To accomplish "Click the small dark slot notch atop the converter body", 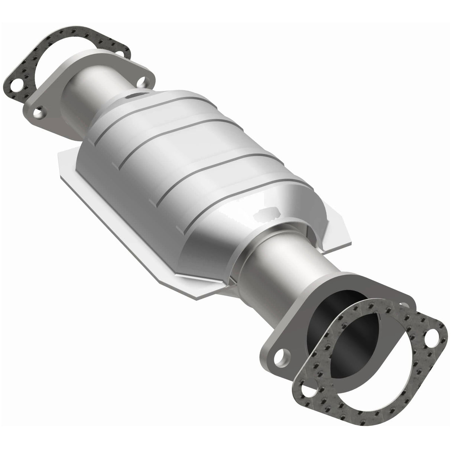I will (x=130, y=97).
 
